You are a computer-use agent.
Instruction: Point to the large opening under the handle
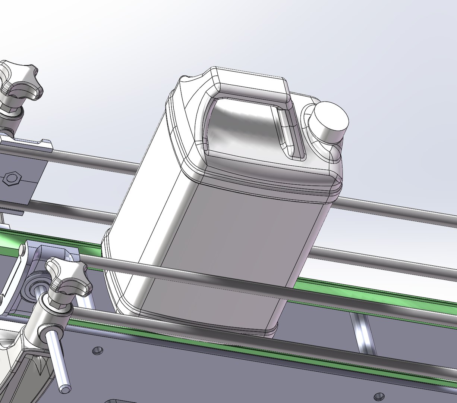[x=242, y=123]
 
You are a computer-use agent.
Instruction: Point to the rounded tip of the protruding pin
[x=65, y=388]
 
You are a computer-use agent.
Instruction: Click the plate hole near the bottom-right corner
[x=379, y=395]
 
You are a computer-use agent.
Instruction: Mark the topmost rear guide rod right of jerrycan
[x=395, y=211]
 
